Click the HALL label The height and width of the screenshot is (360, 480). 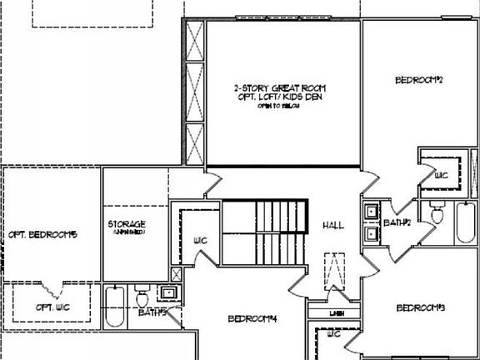pos(333,225)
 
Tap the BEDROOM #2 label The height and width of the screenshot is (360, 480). pos(418,80)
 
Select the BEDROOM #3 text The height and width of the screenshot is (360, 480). pos(420,308)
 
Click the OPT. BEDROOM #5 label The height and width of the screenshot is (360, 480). pos(42,235)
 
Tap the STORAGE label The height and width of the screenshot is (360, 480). pos(127,225)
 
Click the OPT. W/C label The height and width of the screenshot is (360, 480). pos(52,307)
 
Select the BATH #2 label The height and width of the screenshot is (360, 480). pos(397,222)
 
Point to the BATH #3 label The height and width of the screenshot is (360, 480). pos(152,312)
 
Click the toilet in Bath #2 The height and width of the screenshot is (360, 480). pos(437,214)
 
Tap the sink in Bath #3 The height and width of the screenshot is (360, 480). pos(168,292)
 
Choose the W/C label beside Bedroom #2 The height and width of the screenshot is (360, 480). pos(442,176)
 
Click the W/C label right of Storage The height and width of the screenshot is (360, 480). pos(200,241)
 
